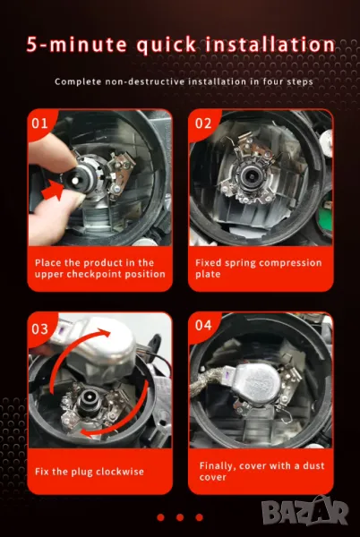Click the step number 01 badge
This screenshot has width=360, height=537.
tap(39, 124)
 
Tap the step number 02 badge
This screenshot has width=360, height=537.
tap(203, 124)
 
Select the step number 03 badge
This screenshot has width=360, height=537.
tap(39, 329)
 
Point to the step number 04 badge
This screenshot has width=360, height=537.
tap(203, 326)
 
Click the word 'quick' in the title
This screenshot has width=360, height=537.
tap(167, 46)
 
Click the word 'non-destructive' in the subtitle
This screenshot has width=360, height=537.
tap(145, 81)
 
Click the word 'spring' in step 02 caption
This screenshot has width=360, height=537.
tap(240, 263)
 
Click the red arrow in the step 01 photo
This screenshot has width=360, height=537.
tap(53, 191)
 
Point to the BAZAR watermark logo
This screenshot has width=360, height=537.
tap(304, 511)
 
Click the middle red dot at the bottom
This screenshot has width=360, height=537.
tap(180, 517)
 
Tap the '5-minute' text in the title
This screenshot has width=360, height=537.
tap(76, 45)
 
